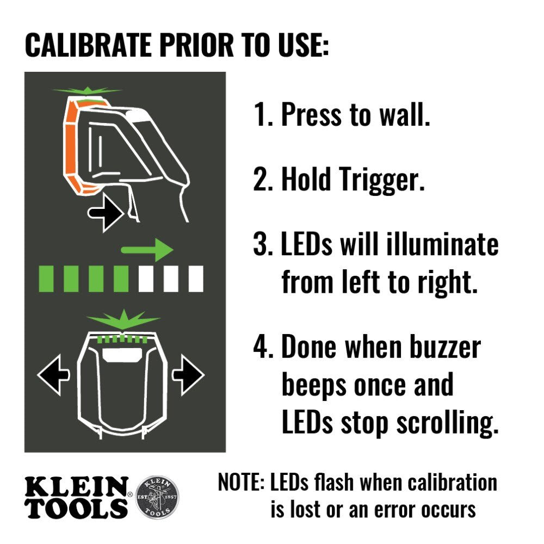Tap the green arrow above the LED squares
click(x=146, y=250)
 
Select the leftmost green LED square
click(x=46, y=279)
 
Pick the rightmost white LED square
click(x=196, y=279)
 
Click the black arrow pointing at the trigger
click(x=107, y=213)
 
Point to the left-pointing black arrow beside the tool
click(x=53, y=374)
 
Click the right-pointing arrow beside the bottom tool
click(x=188, y=374)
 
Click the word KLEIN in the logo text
click(x=76, y=486)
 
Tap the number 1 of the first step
click(x=260, y=115)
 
